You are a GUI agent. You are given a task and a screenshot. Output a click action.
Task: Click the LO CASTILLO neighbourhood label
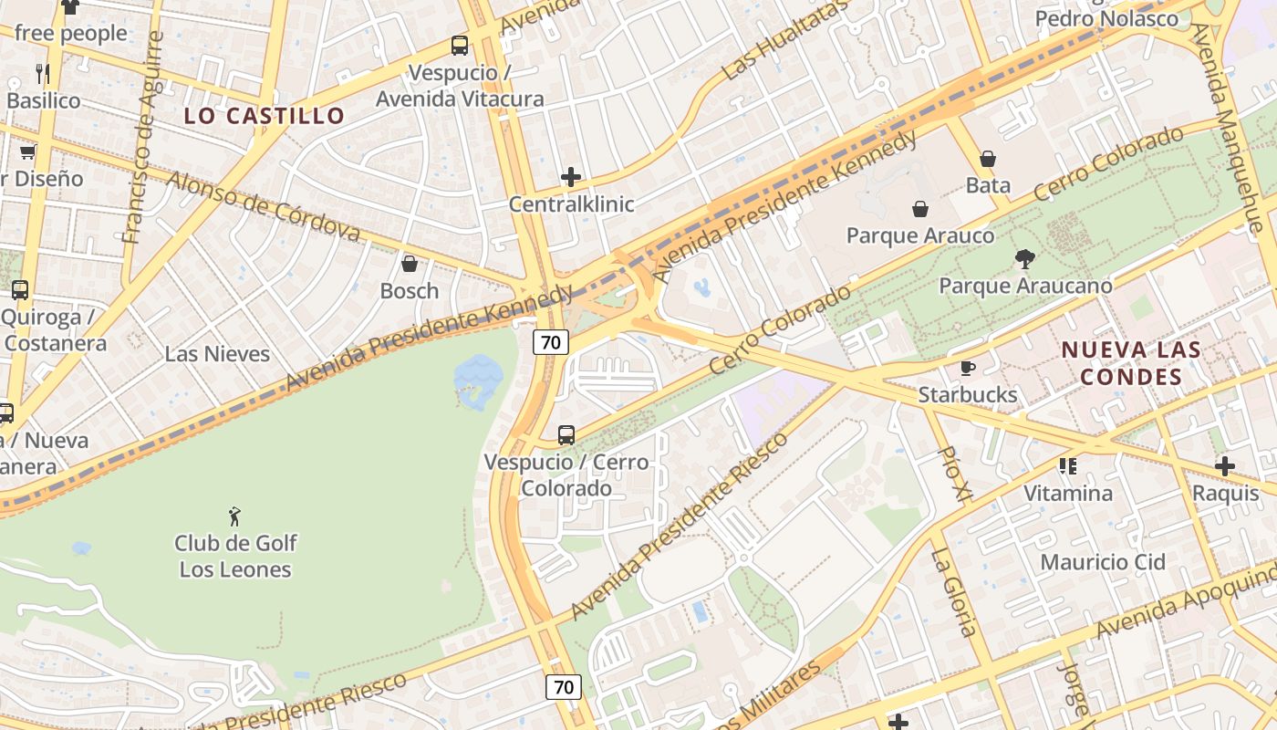click(264, 116)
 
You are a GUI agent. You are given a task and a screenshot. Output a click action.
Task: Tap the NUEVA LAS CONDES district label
click(1130, 363)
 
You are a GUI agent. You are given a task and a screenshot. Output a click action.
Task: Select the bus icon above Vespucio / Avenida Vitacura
click(460, 46)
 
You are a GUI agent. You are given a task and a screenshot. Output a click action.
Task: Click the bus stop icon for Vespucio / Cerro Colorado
click(566, 435)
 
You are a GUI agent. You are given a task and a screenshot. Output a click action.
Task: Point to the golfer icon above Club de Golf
click(235, 516)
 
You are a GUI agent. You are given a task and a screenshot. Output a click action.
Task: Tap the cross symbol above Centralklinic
click(571, 177)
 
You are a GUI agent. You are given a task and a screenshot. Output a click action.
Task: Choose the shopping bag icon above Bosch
click(410, 265)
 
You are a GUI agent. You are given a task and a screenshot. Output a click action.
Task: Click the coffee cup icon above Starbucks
click(968, 369)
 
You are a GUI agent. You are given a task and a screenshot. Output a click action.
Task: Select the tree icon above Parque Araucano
click(1025, 259)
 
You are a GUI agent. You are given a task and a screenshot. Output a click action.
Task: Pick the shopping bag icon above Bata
click(988, 160)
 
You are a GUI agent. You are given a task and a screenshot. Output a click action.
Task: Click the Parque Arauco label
click(920, 235)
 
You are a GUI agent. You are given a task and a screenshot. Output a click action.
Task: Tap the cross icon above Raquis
click(1225, 467)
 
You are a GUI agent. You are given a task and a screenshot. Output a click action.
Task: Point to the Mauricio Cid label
click(1103, 562)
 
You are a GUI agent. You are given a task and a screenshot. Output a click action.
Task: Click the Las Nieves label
click(217, 354)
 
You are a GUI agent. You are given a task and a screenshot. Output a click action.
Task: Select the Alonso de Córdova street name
click(264, 206)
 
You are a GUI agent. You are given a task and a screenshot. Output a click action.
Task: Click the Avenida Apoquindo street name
click(1186, 602)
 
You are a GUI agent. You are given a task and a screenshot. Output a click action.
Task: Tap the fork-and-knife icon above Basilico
click(43, 73)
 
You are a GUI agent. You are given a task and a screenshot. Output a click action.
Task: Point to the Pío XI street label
click(955, 474)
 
